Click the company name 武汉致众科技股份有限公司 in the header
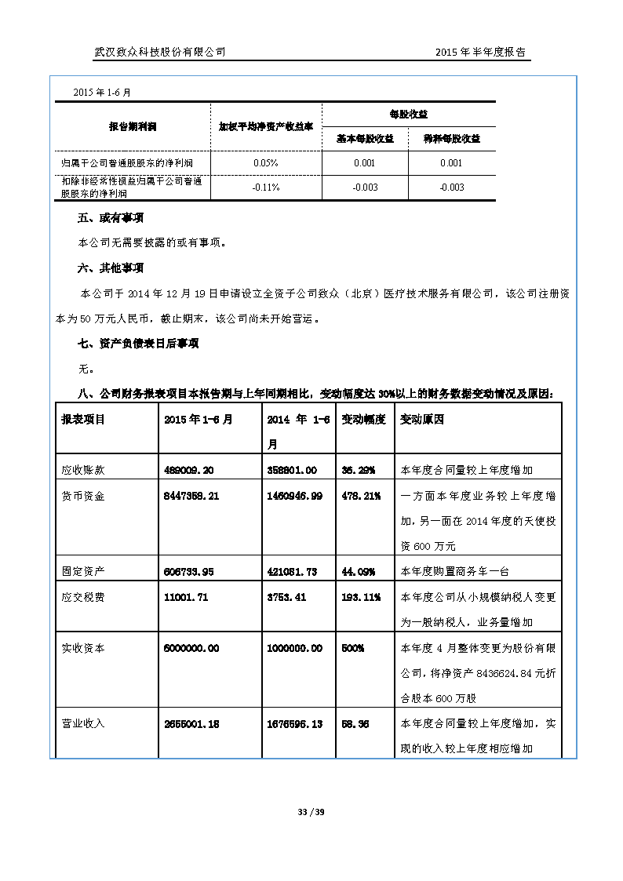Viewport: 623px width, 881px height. tap(160, 52)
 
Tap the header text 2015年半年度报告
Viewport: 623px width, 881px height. tap(480, 52)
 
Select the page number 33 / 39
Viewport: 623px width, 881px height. tap(311, 812)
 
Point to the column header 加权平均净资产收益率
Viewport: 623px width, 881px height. tap(266, 126)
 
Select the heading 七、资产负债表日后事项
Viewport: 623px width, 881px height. tap(126, 344)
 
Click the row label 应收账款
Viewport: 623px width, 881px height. tap(83, 470)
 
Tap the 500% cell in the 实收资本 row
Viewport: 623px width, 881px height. tap(352, 649)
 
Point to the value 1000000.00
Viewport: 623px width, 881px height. tap(294, 649)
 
